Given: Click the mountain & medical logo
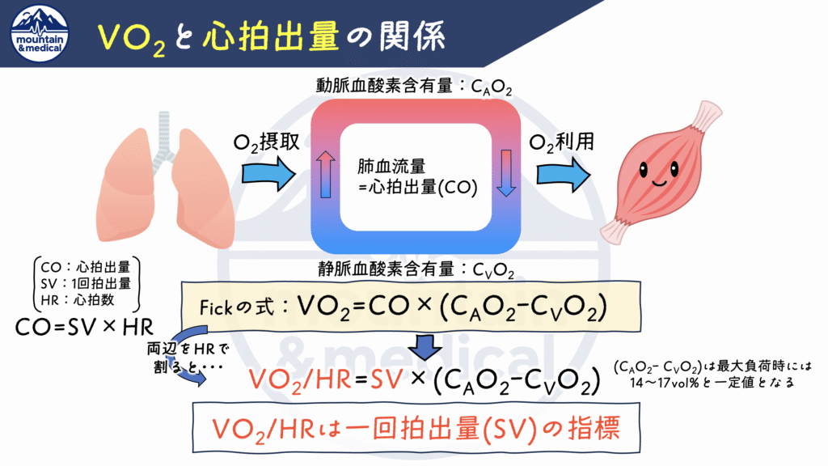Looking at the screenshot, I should click(40, 33).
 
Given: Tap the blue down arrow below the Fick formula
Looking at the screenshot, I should click(424, 345).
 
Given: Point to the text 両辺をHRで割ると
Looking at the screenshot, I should click(183, 357).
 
